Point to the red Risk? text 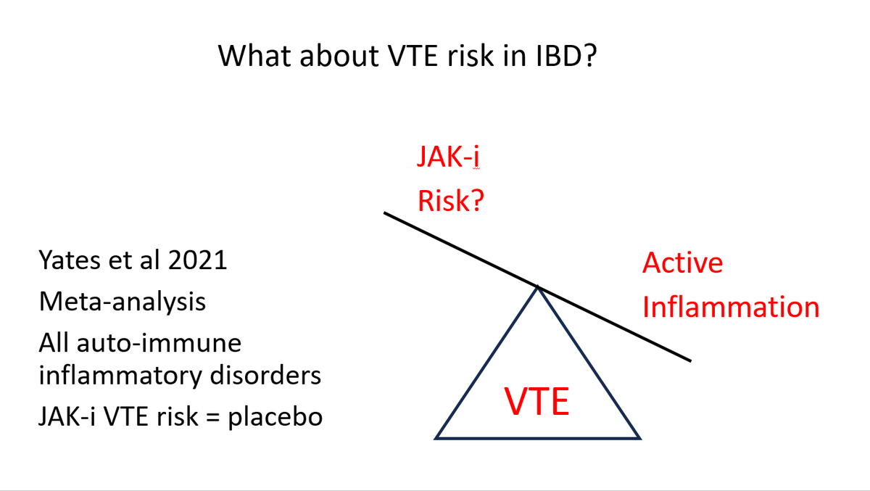click(x=451, y=202)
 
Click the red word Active click(x=682, y=263)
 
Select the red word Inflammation click(x=731, y=308)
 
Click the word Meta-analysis click(x=122, y=301)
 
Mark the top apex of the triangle click(x=538, y=286)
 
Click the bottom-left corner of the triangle click(x=436, y=438)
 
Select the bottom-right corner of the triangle click(x=640, y=438)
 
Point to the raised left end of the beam click(x=385, y=213)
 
